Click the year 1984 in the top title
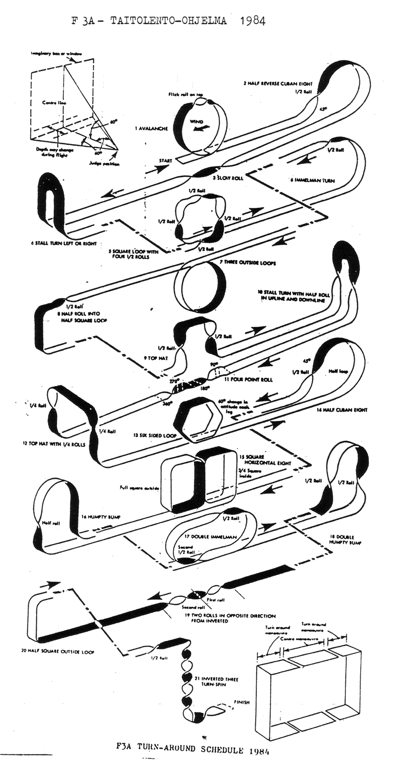[x=250, y=20]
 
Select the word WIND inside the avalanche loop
[x=196, y=122]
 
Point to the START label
[x=165, y=161]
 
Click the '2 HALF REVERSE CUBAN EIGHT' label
[x=278, y=84]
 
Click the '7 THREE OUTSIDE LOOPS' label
[x=248, y=262]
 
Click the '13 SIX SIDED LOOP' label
[x=155, y=435]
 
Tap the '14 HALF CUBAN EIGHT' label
[x=342, y=410]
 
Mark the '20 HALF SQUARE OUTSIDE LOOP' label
[x=58, y=651]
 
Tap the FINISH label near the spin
[x=241, y=702]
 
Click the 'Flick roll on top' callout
[x=186, y=94]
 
